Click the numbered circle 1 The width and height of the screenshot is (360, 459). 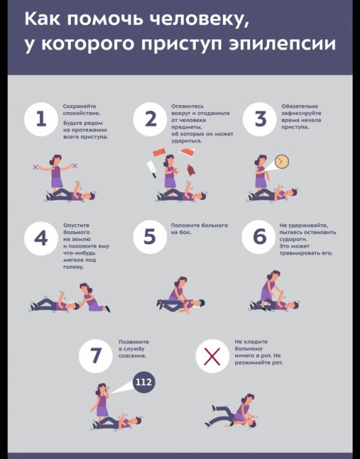point(41,119)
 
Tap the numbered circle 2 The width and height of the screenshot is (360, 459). point(150,119)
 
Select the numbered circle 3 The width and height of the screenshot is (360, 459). point(259,119)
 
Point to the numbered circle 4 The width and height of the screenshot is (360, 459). point(41,237)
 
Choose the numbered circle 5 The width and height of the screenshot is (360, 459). point(150,237)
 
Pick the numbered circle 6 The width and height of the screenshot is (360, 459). point(259,237)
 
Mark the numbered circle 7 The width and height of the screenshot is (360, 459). point(95,356)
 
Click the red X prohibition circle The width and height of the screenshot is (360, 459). point(212,356)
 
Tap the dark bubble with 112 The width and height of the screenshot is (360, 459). point(144,382)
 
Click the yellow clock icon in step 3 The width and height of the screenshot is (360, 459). point(282,161)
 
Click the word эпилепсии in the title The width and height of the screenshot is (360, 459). point(282,44)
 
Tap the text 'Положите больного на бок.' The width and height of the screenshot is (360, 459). point(199,229)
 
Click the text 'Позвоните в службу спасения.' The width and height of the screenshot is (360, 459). point(134,349)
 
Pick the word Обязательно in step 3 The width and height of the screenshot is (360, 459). point(300,106)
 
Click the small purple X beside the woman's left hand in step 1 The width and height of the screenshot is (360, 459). point(75,165)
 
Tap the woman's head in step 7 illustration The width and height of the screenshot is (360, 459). point(102,388)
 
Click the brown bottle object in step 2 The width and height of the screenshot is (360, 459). point(191,171)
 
